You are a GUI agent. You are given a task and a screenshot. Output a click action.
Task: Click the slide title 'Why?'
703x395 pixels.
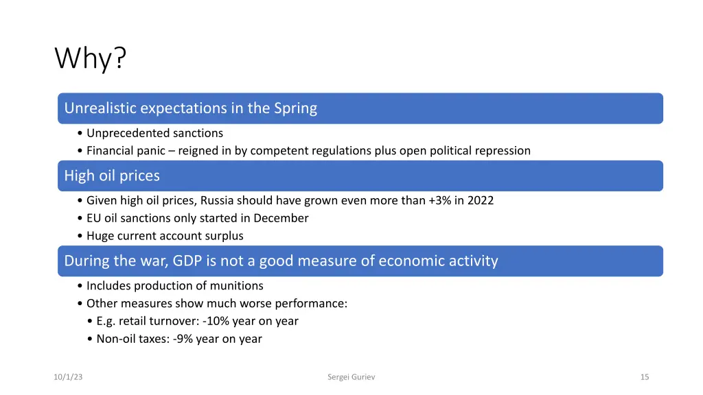[91, 59]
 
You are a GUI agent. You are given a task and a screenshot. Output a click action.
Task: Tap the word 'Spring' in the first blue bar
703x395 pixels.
[295, 108]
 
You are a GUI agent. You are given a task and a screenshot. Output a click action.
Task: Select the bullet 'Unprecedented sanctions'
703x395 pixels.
[154, 133]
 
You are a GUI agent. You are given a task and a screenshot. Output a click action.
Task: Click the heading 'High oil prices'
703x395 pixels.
[112, 176]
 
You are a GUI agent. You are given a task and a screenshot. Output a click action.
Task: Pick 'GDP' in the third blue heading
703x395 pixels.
[187, 261]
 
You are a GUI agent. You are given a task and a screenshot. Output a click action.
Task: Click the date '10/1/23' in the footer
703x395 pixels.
[68, 377]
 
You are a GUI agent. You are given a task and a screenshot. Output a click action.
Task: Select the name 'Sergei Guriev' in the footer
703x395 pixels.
[351, 377]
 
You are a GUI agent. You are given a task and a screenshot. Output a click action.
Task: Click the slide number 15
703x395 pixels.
[644, 377]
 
